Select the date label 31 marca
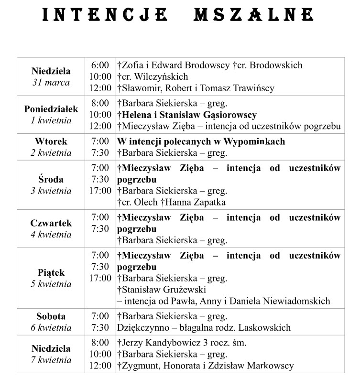click(51, 82)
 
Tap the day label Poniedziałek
click(51, 109)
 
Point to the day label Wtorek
click(51, 141)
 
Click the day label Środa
click(51, 180)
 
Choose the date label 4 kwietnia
click(51, 234)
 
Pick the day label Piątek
click(51, 272)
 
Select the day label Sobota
click(51, 316)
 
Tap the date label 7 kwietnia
click(51, 360)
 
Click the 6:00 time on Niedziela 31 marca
click(100, 65)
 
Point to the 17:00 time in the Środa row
click(100, 191)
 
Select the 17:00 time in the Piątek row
click(100, 278)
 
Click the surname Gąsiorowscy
click(230, 115)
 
